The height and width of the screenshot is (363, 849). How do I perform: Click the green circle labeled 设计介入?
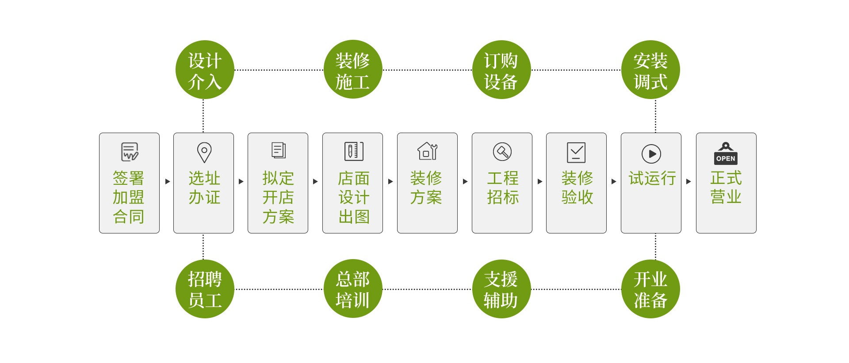tap(204, 70)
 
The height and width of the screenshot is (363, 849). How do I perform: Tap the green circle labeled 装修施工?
tap(352, 70)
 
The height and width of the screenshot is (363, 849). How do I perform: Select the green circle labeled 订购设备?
tap(501, 70)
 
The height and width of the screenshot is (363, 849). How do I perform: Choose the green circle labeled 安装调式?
tap(650, 70)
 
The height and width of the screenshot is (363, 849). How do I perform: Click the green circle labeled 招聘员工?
tap(204, 289)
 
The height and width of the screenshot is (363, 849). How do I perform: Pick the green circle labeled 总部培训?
tap(352, 289)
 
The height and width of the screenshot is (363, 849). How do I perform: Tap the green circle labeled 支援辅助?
tap(501, 289)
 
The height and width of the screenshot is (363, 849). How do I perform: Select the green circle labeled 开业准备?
tap(650, 289)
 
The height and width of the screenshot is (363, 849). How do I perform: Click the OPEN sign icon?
tap(726, 154)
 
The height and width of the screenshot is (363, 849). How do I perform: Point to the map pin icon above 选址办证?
tap(204, 152)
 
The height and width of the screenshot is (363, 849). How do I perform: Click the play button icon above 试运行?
tap(651, 154)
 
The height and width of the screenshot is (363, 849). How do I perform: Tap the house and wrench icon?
tap(427, 151)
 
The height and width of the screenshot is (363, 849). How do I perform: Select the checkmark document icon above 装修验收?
tap(576, 153)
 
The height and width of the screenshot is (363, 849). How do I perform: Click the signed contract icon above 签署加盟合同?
tap(130, 152)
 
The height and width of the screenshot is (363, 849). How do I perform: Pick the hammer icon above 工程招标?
tap(502, 152)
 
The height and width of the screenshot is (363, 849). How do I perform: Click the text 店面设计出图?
tap(353, 198)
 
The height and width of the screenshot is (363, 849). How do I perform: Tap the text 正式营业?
tap(726, 187)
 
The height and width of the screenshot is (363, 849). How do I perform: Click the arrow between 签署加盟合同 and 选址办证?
tap(167, 181)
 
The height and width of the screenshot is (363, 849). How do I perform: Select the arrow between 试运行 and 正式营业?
tap(688, 181)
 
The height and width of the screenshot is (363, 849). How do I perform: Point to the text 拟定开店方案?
tap(278, 198)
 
